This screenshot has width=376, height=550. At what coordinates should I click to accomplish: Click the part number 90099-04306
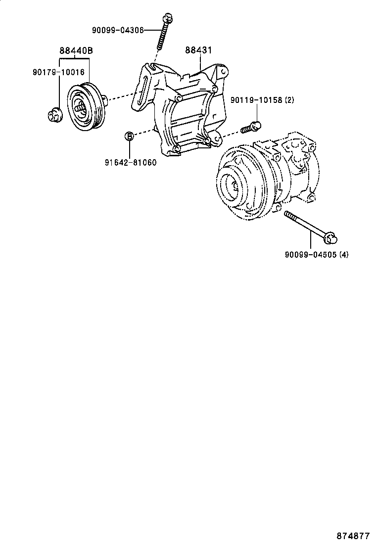(117, 30)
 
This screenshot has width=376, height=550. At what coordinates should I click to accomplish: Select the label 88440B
(76, 50)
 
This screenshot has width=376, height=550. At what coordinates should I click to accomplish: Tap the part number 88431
(199, 50)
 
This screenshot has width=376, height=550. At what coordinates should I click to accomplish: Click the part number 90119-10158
(256, 100)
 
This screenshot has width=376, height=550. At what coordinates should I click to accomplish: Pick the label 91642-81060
(131, 162)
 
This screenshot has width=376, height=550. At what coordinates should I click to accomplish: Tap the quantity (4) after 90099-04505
(344, 255)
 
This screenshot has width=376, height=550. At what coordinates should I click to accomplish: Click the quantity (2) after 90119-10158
(289, 100)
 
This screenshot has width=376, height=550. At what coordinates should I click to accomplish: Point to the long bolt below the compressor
(307, 227)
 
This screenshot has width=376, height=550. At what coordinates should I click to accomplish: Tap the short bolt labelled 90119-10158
(251, 127)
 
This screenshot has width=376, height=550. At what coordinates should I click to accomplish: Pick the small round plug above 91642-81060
(128, 136)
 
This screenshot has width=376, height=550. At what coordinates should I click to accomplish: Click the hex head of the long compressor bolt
(330, 239)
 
